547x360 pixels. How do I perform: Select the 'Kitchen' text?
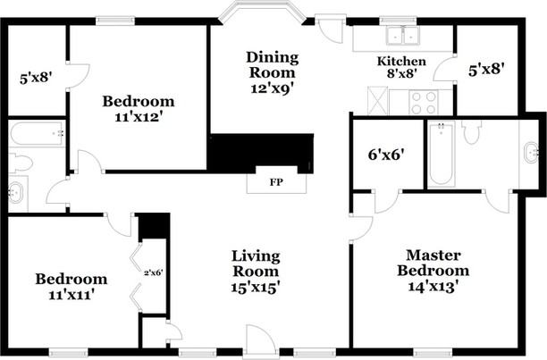[x=400, y=62]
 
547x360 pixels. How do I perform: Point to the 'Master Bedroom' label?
[x=433, y=262]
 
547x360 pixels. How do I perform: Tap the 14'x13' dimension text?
[x=433, y=287]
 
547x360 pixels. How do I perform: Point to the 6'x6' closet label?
[x=386, y=153]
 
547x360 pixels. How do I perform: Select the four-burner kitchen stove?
[x=421, y=101]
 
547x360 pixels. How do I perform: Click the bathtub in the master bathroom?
[x=441, y=154]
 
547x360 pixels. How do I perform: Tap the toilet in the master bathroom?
[x=473, y=133]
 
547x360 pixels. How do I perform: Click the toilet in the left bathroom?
[x=20, y=163]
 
